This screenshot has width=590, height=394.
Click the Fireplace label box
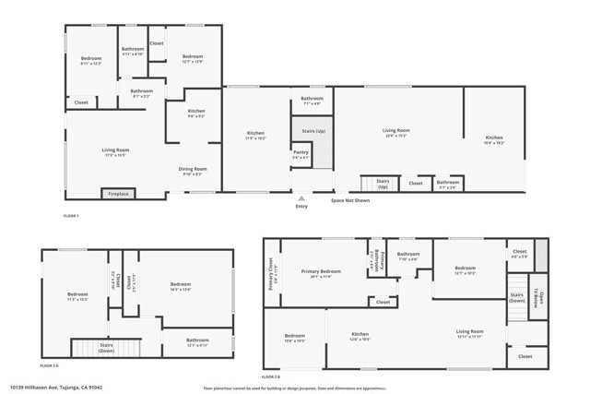pos(118,194)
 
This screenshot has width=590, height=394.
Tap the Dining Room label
pos(193,171)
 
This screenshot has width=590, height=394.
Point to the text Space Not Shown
pos(350,199)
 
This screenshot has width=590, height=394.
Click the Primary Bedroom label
pos(319,272)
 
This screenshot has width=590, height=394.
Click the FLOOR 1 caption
pos(71,215)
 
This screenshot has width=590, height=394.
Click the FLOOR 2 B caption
pos(271,376)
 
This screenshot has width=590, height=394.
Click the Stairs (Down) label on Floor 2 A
pos(107,348)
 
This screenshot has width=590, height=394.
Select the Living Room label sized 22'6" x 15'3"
pos(395,132)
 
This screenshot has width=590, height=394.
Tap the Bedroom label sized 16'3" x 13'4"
pos(179,286)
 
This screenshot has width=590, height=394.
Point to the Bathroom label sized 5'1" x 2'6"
pos(448,184)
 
